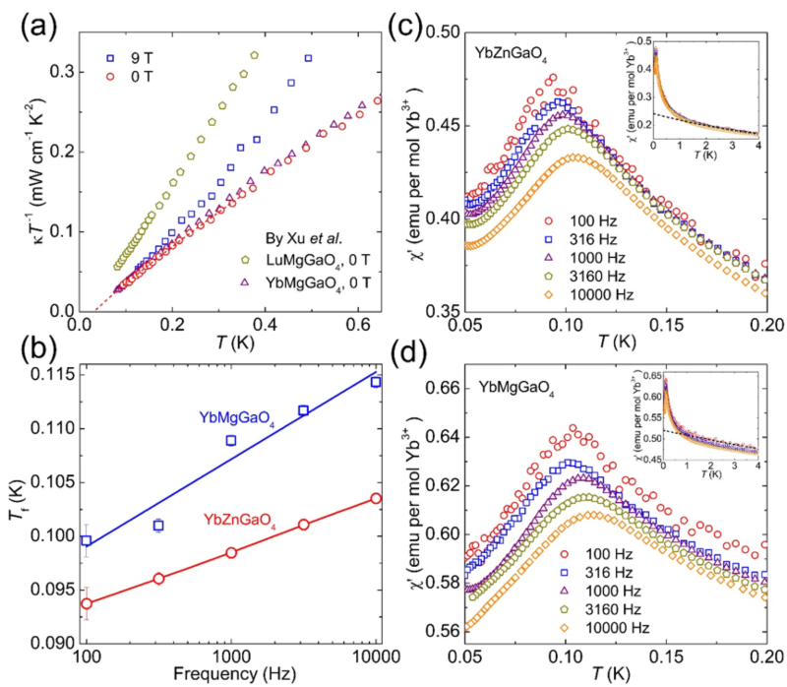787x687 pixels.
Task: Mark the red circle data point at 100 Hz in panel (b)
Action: pyautogui.click(x=87, y=603)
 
